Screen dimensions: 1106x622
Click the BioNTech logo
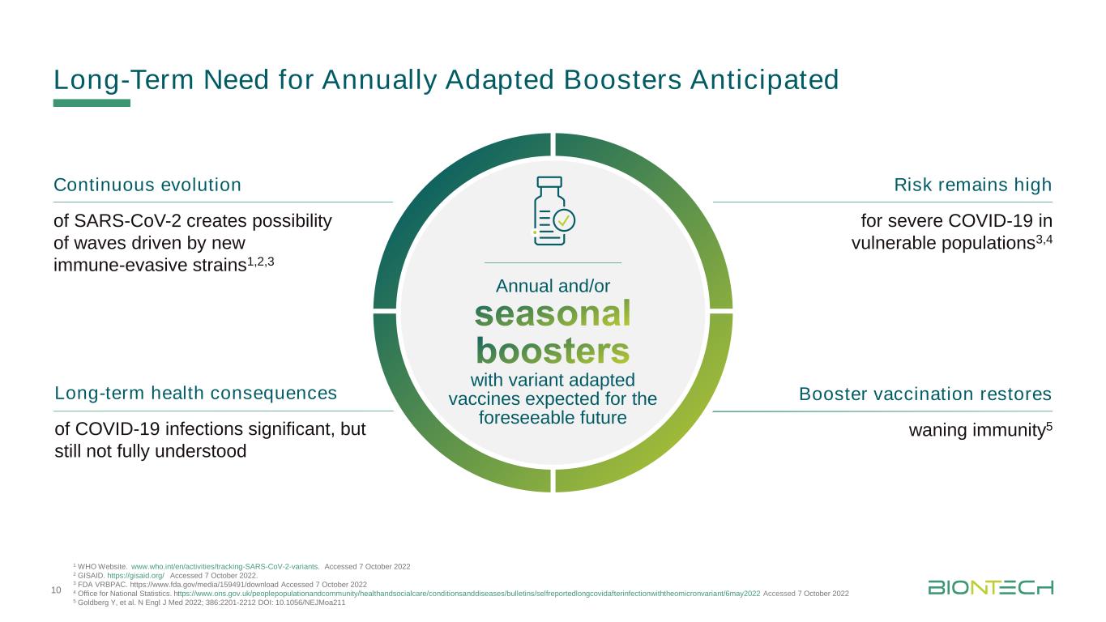[x=990, y=587]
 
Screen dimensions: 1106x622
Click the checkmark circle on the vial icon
[x=564, y=220]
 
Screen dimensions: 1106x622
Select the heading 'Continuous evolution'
[x=147, y=185]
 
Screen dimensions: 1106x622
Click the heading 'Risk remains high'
[x=972, y=185]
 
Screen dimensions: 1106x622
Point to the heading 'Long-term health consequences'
[x=195, y=393]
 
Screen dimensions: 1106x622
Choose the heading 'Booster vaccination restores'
[x=925, y=394]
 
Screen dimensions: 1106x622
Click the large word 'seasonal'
[x=553, y=314]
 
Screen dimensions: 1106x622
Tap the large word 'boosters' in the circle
[x=553, y=351]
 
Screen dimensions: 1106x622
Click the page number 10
[x=56, y=590]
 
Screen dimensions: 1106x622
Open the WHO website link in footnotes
[x=225, y=567]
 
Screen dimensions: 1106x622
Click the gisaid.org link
[x=135, y=576]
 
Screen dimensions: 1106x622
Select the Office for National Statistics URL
[x=467, y=594]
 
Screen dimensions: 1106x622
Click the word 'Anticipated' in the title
[x=764, y=79]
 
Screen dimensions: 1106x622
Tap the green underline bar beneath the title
[x=92, y=103]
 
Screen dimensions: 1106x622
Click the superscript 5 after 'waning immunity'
[x=1049, y=426]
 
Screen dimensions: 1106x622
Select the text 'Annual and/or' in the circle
[x=553, y=286]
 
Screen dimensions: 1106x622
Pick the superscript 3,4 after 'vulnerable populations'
[x=1044, y=240]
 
